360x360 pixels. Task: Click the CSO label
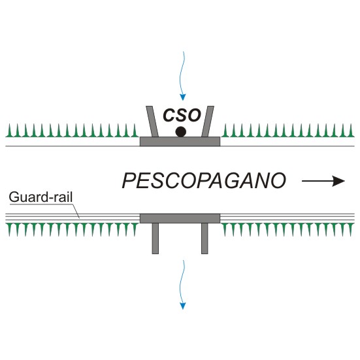pyautogui.click(x=182, y=115)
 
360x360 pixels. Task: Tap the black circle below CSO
pyautogui.click(x=181, y=132)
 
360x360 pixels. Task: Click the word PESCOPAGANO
pyautogui.click(x=204, y=181)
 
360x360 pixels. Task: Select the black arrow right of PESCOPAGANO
pyautogui.click(x=323, y=181)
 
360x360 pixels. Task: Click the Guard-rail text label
pyautogui.click(x=41, y=197)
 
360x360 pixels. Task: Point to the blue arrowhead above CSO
pyautogui.click(x=182, y=97)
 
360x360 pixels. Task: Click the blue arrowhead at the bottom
pyautogui.click(x=182, y=306)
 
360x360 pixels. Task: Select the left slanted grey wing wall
pyautogui.click(x=152, y=122)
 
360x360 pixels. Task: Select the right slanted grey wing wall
pyautogui.click(x=208, y=122)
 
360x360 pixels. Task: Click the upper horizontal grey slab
pyautogui.click(x=180, y=141)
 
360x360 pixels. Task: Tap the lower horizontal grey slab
pyautogui.click(x=180, y=218)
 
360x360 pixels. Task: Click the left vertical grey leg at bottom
pyautogui.click(x=155, y=238)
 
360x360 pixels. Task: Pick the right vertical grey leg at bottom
pyautogui.click(x=205, y=238)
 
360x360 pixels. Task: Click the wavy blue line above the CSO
pyautogui.click(x=182, y=73)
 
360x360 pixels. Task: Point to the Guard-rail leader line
pyautogui.click(x=76, y=210)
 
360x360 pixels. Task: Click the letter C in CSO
pyautogui.click(x=169, y=115)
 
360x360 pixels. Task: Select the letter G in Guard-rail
pyautogui.click(x=14, y=197)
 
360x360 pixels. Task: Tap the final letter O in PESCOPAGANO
pyautogui.click(x=278, y=181)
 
